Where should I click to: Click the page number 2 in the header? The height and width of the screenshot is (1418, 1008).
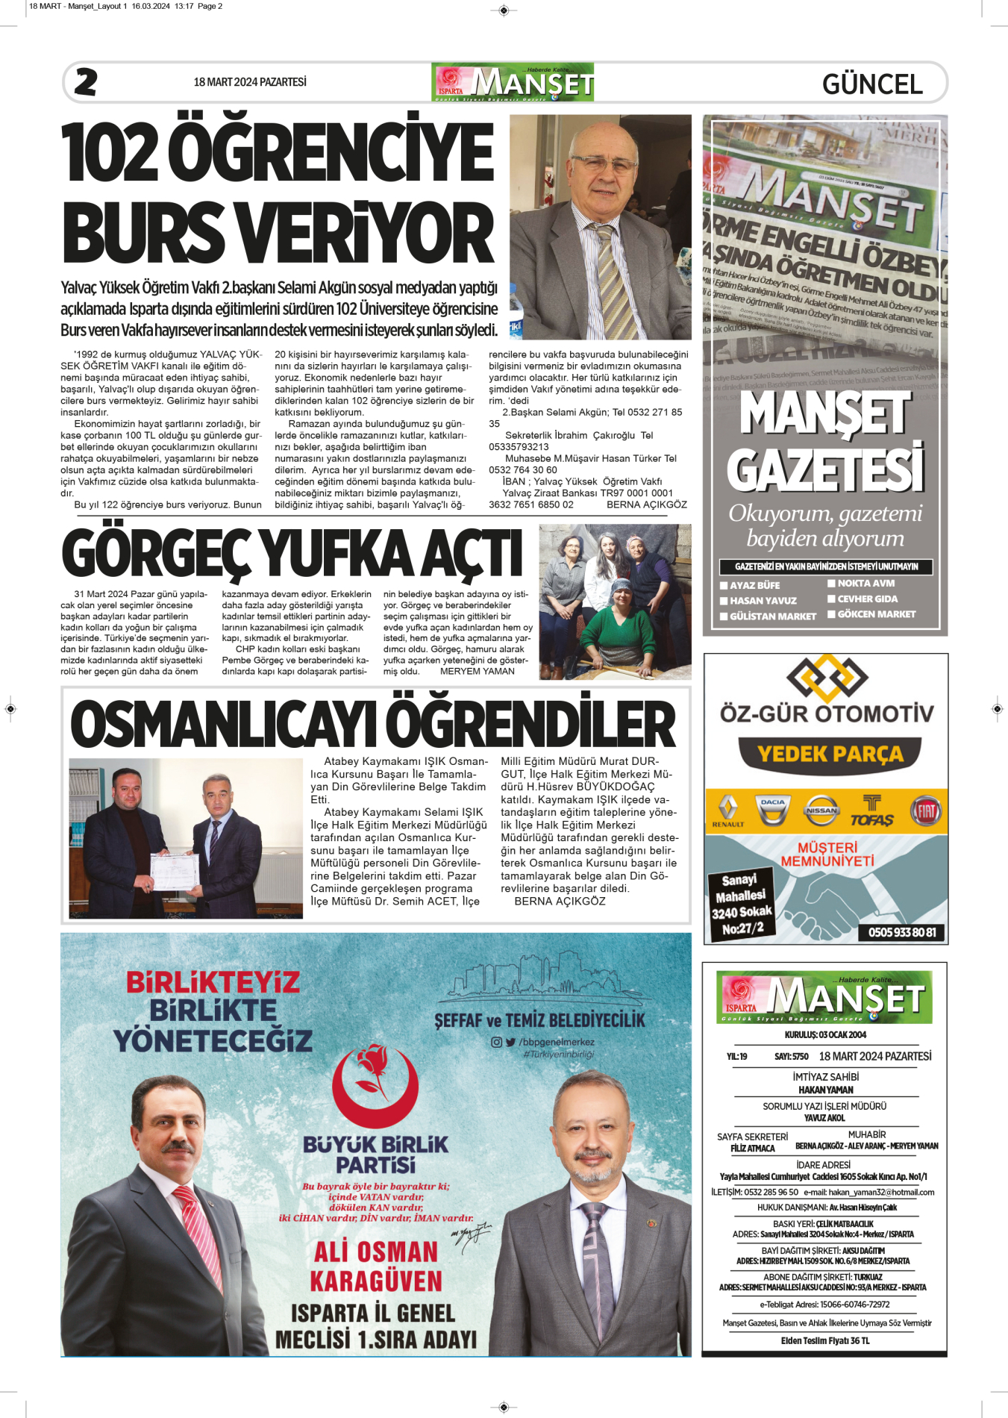click(x=86, y=82)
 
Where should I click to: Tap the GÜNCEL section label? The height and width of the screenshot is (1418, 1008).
click(x=872, y=84)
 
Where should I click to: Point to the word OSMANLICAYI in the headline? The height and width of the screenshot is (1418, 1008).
click(x=223, y=725)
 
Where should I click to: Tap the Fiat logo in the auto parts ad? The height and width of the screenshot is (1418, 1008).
click(x=927, y=810)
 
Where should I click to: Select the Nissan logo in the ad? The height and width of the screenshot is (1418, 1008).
click(x=821, y=810)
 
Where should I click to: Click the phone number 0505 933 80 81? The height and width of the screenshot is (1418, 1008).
click(x=901, y=932)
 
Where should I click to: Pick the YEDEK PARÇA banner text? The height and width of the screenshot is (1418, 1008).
click(x=830, y=754)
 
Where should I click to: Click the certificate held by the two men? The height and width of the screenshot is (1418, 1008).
click(x=174, y=872)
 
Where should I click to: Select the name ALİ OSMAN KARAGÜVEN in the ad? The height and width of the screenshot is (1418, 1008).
click(x=376, y=1266)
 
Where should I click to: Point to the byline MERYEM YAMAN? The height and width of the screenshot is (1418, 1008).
click(x=477, y=672)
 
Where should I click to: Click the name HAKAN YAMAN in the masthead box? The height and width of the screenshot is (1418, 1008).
click(x=825, y=1090)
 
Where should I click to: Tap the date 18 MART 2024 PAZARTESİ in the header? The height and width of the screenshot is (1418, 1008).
click(x=250, y=82)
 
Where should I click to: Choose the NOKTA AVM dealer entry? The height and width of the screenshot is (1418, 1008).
click(x=865, y=584)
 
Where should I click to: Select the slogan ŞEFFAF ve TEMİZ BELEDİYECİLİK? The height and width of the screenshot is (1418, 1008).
click(x=539, y=1020)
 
